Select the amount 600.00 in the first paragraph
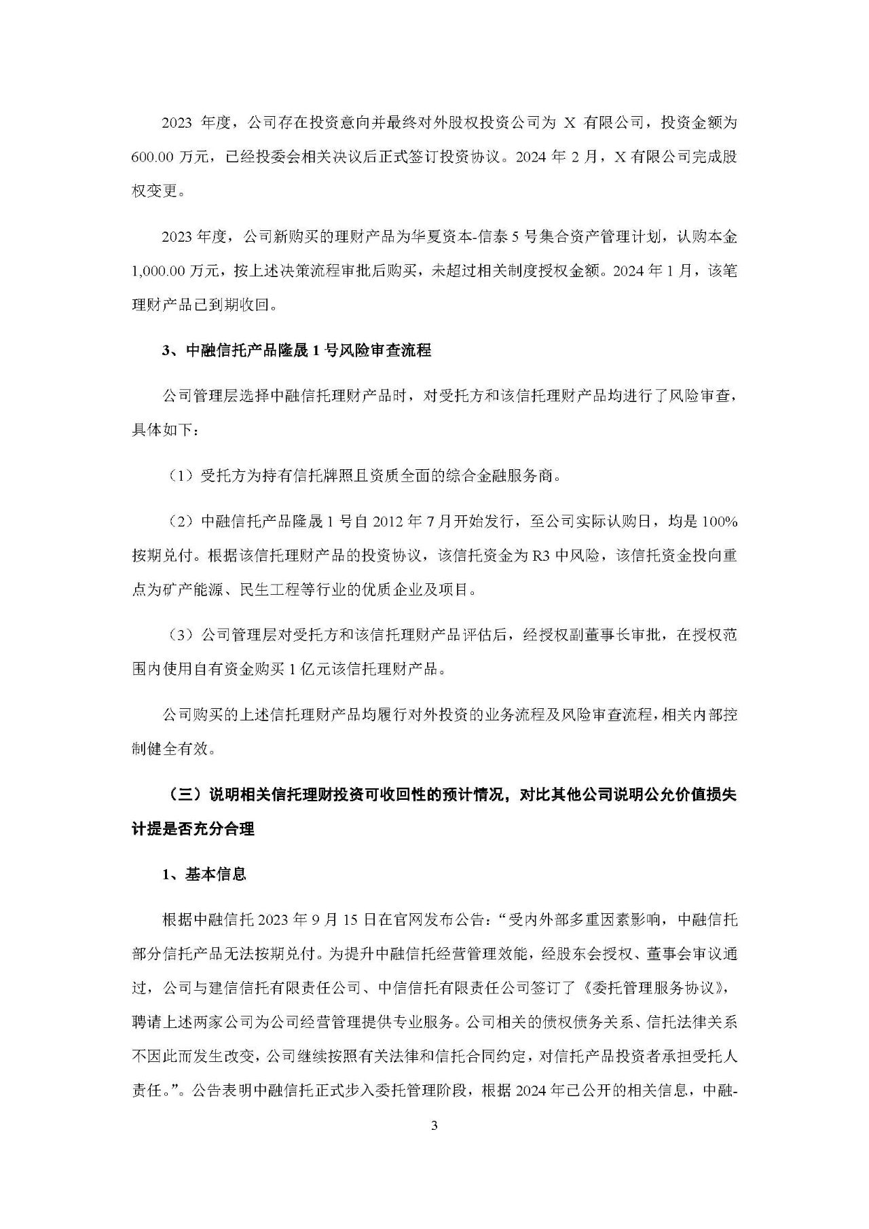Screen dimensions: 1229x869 click(x=154, y=158)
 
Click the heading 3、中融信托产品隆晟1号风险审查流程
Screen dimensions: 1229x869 click(x=297, y=351)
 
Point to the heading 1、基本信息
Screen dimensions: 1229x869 click(x=204, y=874)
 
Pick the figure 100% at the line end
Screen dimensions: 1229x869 click(x=720, y=522)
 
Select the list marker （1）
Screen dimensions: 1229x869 click(x=181, y=476)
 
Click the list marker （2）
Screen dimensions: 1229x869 click(x=181, y=522)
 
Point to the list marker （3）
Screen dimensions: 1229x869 click(x=181, y=635)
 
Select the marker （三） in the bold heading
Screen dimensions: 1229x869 click(x=181, y=795)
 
